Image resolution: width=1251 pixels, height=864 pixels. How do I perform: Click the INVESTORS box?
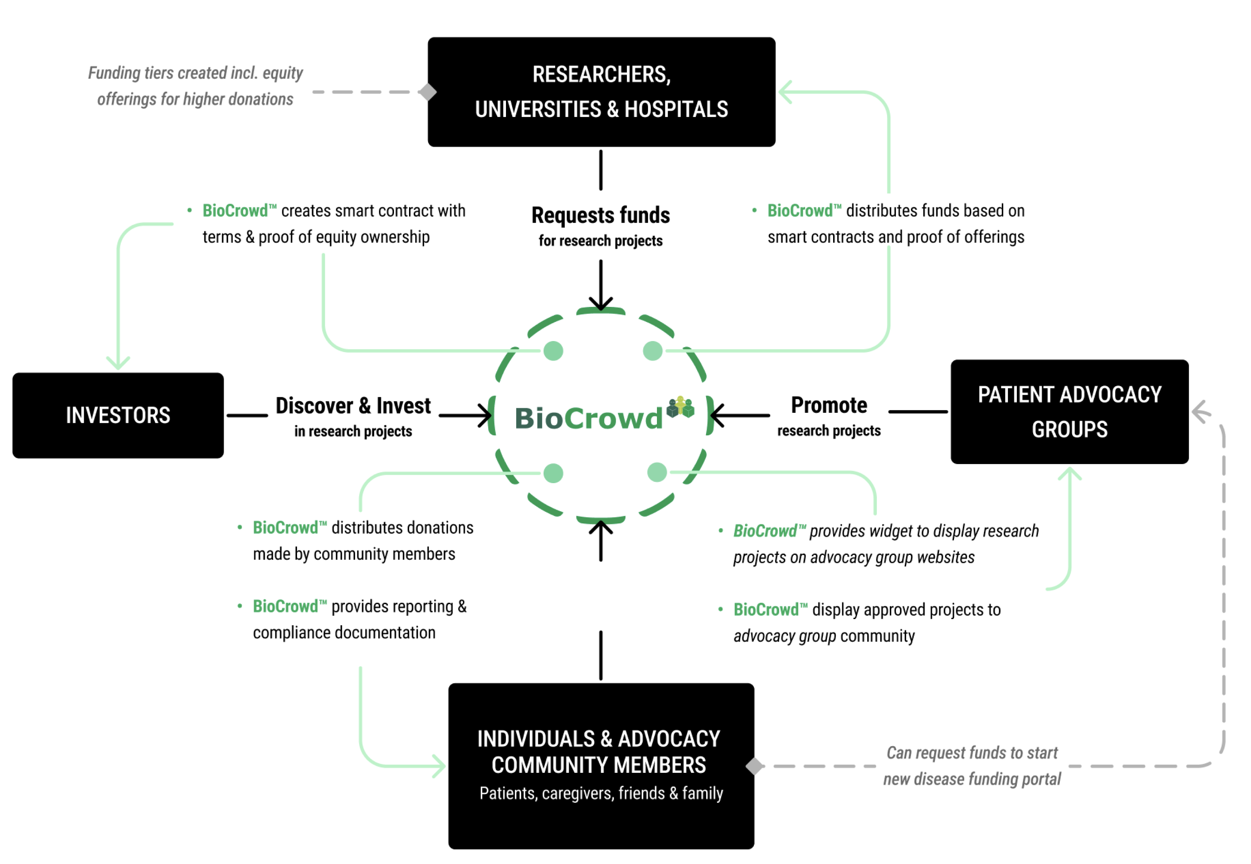pos(118,415)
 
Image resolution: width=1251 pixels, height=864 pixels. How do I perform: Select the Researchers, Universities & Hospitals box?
pos(601,92)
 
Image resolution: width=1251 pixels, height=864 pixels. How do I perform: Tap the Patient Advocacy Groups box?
pos(1069,411)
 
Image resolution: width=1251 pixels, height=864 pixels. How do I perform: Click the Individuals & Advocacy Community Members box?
pos(601,766)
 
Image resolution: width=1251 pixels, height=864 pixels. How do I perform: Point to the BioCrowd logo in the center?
pos(589,418)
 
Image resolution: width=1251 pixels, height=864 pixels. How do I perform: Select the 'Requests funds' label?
pos(601,216)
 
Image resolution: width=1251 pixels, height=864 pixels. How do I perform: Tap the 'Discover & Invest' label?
pos(353,406)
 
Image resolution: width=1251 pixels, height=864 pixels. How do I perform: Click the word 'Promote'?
pos(829,405)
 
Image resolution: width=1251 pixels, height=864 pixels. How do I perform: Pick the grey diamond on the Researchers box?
pos(428,92)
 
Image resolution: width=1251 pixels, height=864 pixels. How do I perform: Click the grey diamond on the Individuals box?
pos(754,766)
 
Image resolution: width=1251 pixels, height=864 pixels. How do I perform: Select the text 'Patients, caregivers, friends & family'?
pos(601,793)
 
